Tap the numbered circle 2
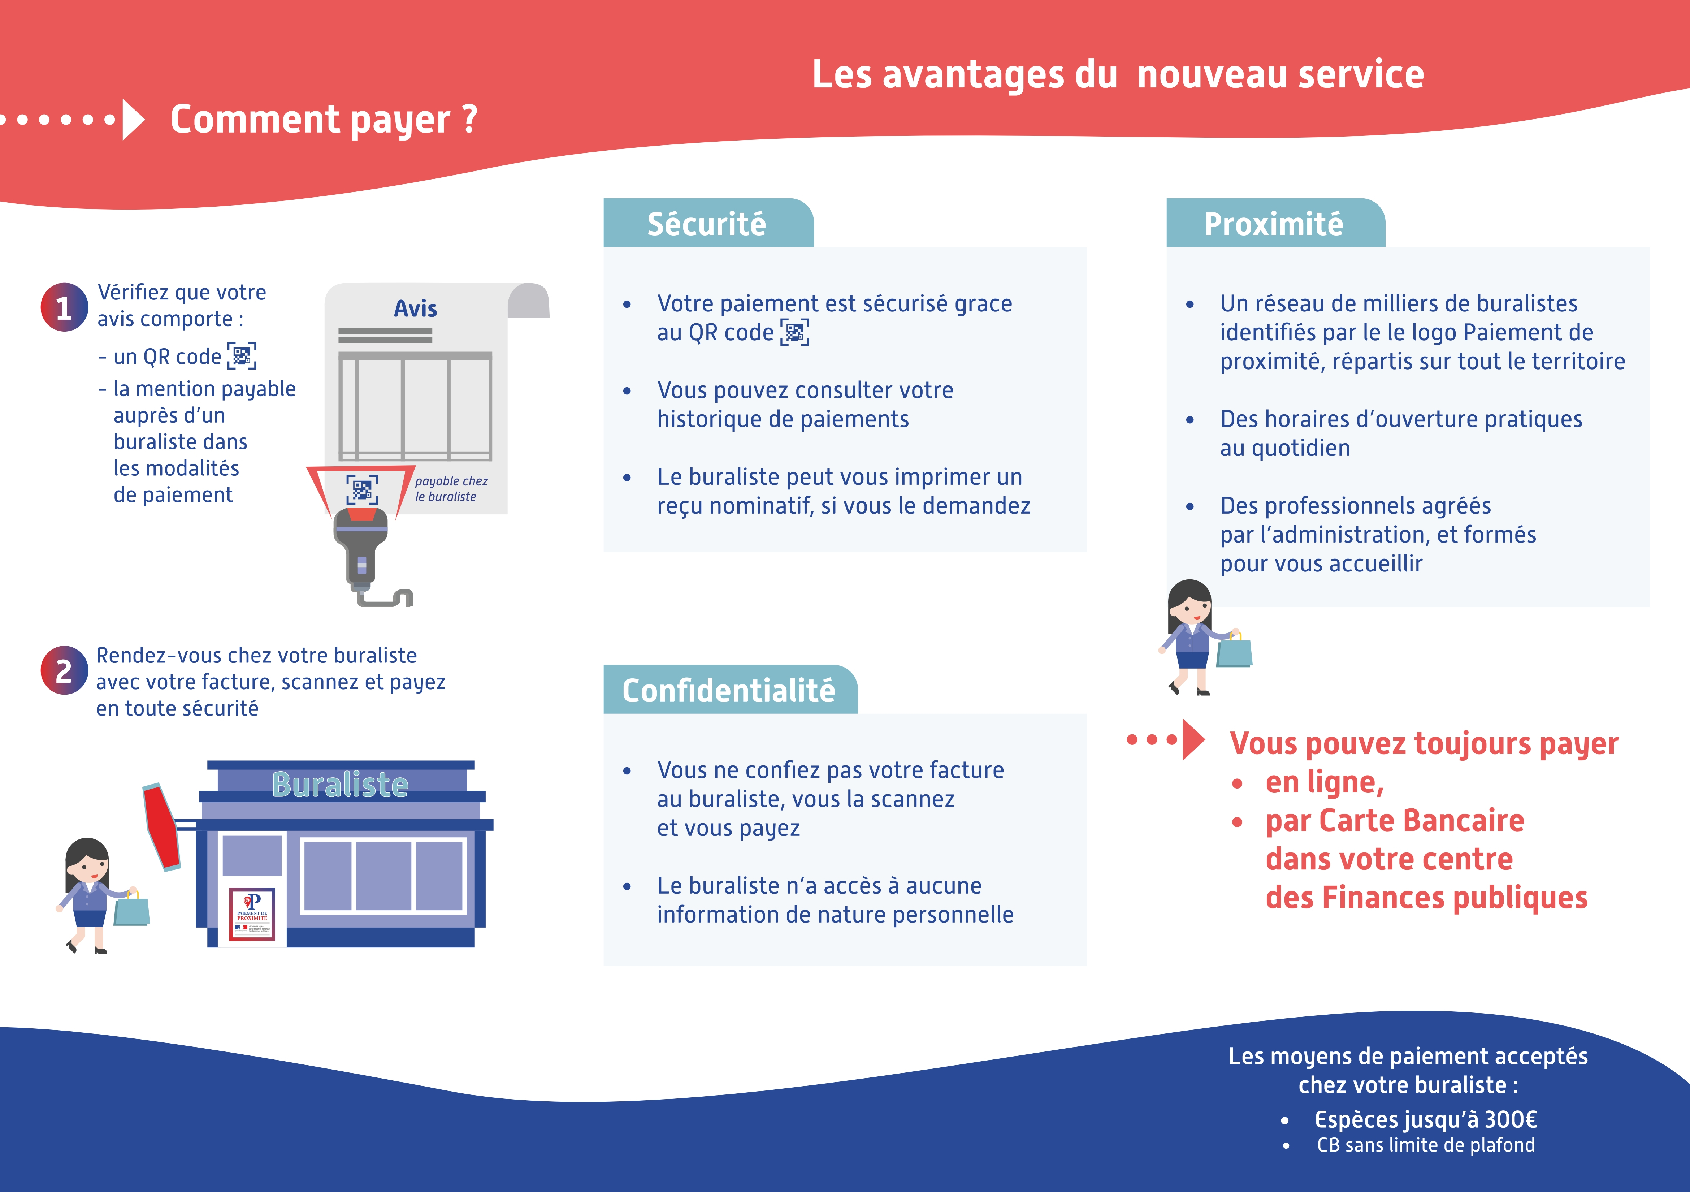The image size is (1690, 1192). click(x=64, y=671)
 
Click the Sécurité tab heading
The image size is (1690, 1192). click(x=707, y=224)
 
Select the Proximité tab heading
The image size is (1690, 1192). click(x=1273, y=224)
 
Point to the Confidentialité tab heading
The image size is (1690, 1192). click(x=729, y=691)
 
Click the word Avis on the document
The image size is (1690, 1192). click(x=415, y=308)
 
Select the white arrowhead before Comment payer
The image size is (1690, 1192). click(x=133, y=119)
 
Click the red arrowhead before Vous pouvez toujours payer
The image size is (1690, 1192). click(x=1192, y=739)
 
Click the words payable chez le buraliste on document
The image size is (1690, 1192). click(x=450, y=489)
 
